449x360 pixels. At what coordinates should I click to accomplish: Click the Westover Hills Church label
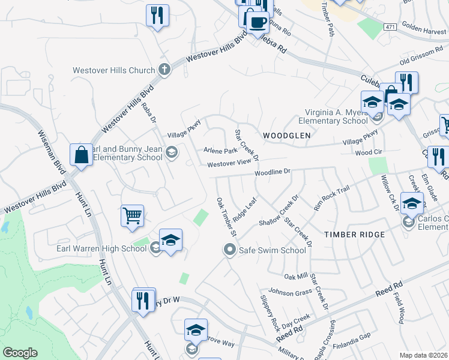[113, 70]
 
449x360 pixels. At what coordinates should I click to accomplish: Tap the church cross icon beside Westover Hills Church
[164, 70]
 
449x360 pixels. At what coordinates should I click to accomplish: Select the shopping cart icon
[132, 215]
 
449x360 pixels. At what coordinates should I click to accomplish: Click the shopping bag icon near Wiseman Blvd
[81, 155]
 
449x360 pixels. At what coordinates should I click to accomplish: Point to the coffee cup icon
[258, 22]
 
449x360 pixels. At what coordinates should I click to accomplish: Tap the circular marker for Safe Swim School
[229, 250]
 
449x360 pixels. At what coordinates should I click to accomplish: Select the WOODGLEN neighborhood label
[286, 136]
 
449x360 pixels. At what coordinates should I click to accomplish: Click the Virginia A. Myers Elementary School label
[336, 116]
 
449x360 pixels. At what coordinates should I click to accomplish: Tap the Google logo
[20, 353]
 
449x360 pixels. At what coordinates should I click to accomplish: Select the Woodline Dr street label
[272, 172]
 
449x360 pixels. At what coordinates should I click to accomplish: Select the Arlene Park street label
[221, 151]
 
